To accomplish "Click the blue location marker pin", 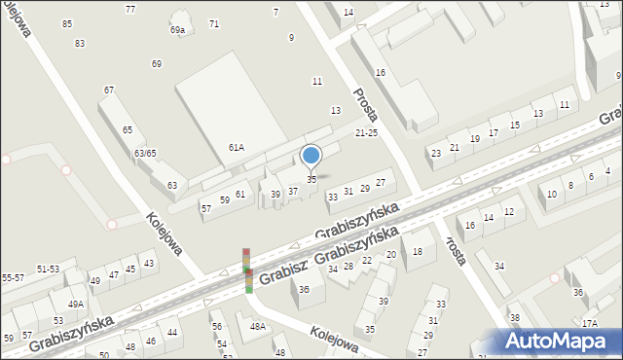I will point(311,155).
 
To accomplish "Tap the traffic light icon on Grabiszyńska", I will point(247,270).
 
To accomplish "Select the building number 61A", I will point(236,147).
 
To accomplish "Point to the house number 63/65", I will point(145,154).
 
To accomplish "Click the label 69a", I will point(177,30).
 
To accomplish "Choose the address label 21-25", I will point(366,133).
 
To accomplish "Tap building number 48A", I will point(257,327).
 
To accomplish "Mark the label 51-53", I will point(47,269).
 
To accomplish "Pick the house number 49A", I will point(75,305).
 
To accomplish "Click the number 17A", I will point(589,323).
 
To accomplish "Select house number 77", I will point(130,9).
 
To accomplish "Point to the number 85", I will point(67,23).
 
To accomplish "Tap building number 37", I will point(292,191).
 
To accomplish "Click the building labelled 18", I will point(418,252).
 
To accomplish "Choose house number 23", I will point(436,154).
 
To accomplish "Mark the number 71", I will point(214,23).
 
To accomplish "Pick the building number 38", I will point(515,318).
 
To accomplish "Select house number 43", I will point(148,264).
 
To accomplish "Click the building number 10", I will point(551,195).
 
